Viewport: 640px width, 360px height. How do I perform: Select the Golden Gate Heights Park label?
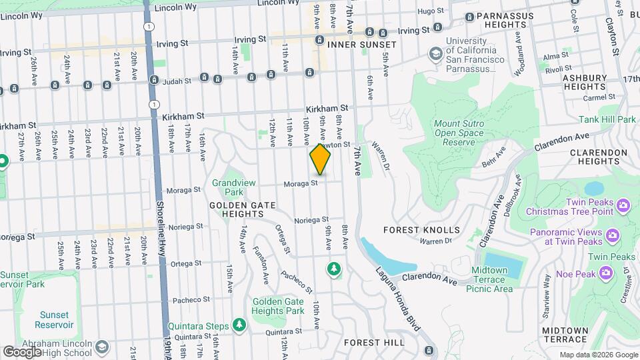(x=278, y=306)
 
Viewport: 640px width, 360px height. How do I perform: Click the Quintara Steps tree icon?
(x=239, y=325)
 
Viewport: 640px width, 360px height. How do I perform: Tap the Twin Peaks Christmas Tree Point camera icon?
(x=624, y=204)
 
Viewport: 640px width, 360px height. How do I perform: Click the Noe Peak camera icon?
(x=606, y=272)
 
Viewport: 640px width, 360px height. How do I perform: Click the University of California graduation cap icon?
(x=435, y=53)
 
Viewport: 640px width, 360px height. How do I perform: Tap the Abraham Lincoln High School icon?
(x=101, y=347)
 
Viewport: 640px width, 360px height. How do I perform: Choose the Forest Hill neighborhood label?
(x=374, y=342)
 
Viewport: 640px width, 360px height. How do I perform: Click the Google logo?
(x=22, y=351)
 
